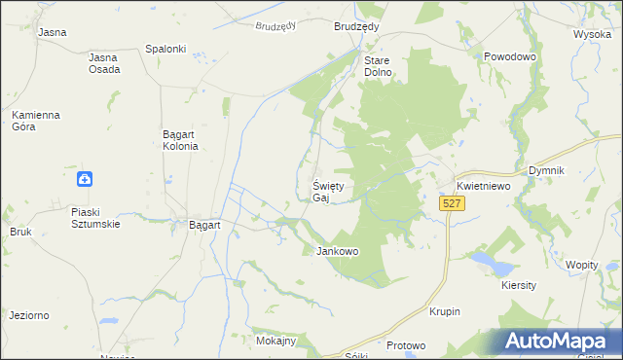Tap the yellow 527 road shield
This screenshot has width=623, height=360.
coord(451,203)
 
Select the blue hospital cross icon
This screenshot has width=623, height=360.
coord(86,178)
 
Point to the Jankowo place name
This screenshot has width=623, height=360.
coord(338,251)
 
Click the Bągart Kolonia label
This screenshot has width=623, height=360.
coord(180,140)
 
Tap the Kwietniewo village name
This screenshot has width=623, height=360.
coord(485,186)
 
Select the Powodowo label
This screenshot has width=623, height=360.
coord(511,57)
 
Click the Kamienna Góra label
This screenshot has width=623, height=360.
coord(36,121)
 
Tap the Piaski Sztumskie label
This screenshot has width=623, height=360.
coord(95,217)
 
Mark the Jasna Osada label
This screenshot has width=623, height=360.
coord(104,63)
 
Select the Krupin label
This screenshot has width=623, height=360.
coord(444,311)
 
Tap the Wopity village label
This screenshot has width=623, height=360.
coord(582,265)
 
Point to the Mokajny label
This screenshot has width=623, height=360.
coord(275,342)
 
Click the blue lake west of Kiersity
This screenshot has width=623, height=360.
coord(484,261)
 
